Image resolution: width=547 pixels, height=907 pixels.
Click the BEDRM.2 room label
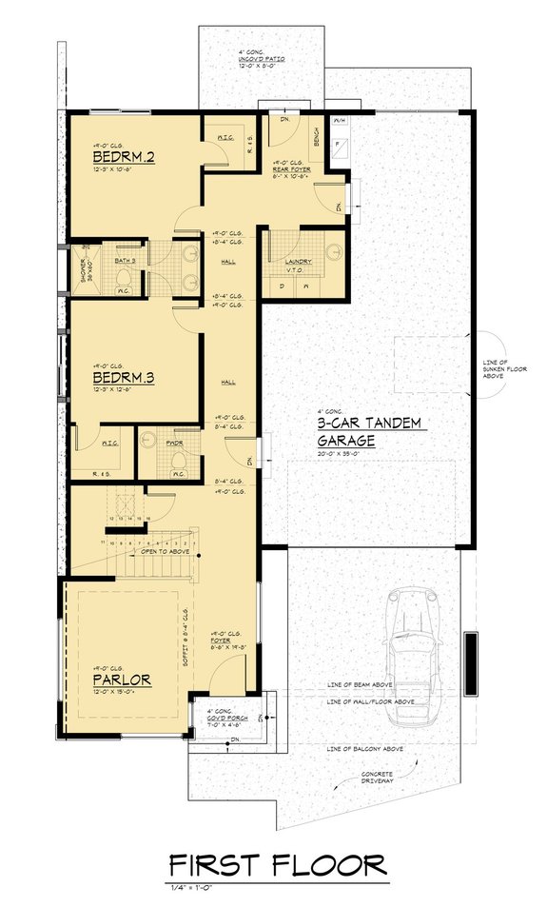pyautogui.click(x=124, y=156)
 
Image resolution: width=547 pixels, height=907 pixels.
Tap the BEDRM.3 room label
pyautogui.click(x=124, y=377)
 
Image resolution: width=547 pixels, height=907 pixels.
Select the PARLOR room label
pyautogui.click(x=123, y=680)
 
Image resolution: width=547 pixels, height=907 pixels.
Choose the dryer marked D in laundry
pyautogui.click(x=283, y=284)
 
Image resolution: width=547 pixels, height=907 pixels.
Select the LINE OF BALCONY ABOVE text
pyautogui.click(x=364, y=749)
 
